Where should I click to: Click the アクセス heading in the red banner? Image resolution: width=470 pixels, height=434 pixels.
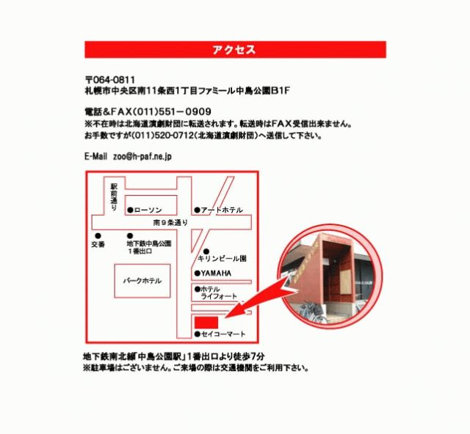234,49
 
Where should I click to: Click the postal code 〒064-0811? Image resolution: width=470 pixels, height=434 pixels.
110,80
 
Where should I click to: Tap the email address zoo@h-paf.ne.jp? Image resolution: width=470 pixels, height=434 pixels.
142,157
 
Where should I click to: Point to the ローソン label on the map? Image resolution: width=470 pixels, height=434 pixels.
148,210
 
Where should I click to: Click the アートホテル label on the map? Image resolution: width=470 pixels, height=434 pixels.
222,210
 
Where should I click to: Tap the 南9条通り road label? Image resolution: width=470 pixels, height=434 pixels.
170,223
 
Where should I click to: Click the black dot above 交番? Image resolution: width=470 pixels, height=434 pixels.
98,236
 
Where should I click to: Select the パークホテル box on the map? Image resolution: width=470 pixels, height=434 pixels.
142,281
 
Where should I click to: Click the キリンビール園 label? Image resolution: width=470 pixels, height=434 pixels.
222,259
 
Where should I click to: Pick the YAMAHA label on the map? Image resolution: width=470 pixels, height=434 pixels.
216,273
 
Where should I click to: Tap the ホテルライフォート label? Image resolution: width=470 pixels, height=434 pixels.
219,293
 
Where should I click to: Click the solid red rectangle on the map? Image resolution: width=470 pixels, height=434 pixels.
206,323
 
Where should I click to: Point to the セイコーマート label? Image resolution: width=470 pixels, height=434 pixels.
223,334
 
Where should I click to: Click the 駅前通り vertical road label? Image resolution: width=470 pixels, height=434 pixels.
114,196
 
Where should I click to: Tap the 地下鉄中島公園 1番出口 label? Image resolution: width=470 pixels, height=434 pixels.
149,247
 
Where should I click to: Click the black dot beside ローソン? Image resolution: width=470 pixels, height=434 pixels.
130,210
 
